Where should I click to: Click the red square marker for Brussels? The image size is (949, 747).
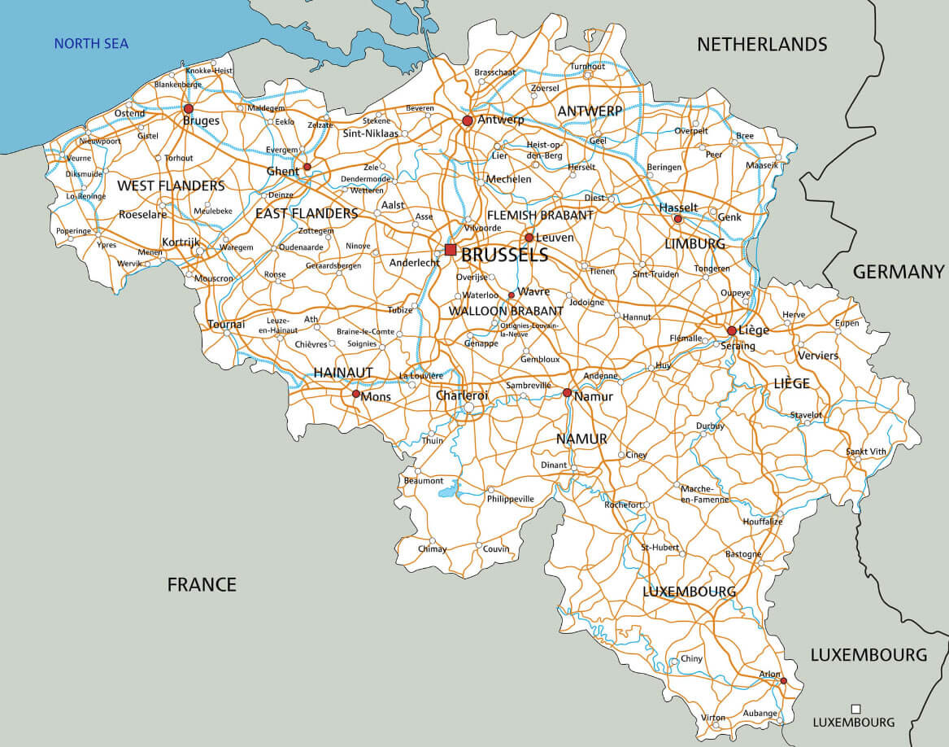[x=451, y=250]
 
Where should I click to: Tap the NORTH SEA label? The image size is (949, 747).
[x=91, y=44]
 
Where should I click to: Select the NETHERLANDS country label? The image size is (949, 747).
[x=762, y=44]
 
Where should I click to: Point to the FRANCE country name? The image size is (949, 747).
[x=202, y=583]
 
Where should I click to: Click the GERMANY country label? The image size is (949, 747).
[x=899, y=272]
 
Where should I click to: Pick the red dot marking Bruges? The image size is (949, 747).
[x=189, y=108]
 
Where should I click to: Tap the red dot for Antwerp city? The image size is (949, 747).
[x=468, y=120]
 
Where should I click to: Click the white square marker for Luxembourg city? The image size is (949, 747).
[x=855, y=709]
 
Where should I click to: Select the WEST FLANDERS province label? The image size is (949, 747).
[x=171, y=186]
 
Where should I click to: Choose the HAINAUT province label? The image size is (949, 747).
[x=343, y=372]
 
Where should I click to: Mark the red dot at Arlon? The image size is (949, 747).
[x=783, y=681]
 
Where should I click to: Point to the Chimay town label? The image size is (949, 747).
[x=432, y=548]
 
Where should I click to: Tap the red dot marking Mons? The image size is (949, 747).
[x=355, y=394]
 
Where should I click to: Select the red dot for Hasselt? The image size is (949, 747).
[x=677, y=219]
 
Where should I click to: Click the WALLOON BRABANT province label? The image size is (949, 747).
[x=506, y=311]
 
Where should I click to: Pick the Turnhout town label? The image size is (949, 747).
[x=587, y=66]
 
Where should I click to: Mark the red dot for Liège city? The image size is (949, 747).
[x=732, y=330]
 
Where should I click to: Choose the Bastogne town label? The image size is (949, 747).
[x=743, y=554]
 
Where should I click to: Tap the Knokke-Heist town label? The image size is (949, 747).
[x=209, y=71]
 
